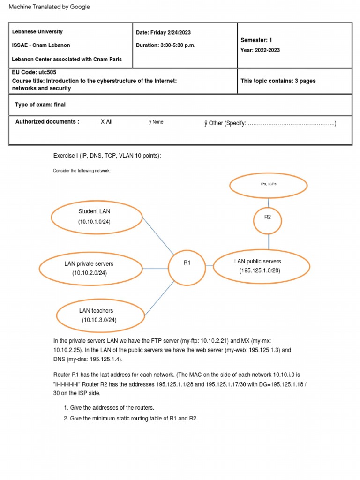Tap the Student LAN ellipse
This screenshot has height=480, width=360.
(x=97, y=217)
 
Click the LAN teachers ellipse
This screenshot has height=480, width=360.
(x=101, y=315)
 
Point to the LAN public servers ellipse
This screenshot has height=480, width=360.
(x=262, y=266)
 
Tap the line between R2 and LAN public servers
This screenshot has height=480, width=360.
(x=269, y=241)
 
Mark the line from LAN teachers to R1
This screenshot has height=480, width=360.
(x=159, y=298)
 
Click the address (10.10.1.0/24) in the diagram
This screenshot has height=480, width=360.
(x=95, y=222)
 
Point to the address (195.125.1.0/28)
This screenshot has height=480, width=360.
(x=260, y=271)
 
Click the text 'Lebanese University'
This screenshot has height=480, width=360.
(x=37, y=32)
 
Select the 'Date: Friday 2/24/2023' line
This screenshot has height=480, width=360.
(x=163, y=33)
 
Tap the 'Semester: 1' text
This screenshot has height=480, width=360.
(x=256, y=41)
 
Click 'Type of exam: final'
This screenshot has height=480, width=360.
(x=40, y=105)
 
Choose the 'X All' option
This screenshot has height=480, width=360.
(x=106, y=122)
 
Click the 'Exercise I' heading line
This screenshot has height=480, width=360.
(x=107, y=156)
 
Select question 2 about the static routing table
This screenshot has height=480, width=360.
(x=134, y=419)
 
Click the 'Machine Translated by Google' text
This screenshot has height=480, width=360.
(x=49, y=7)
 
